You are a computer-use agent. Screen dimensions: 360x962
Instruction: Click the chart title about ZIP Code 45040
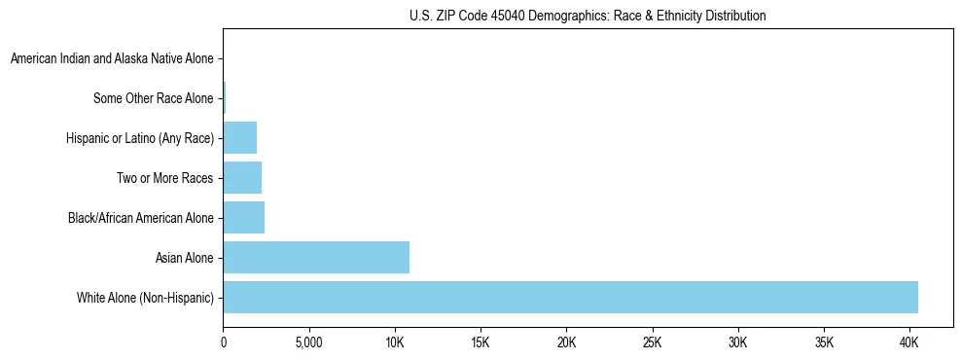[588, 16]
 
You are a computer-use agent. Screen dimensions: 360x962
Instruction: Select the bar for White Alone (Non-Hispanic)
[570, 298]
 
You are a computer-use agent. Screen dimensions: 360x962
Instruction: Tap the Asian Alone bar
[316, 258]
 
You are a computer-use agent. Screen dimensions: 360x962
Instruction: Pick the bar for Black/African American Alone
[243, 218]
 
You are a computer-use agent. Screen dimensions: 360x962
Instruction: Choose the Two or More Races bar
[242, 178]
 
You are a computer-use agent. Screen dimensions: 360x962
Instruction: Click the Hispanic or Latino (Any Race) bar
[239, 138]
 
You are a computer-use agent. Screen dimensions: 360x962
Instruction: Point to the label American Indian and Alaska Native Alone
[112, 59]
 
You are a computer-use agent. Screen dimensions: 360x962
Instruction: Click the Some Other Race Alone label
[153, 99]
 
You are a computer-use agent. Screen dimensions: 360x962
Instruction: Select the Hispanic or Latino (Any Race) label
[140, 139]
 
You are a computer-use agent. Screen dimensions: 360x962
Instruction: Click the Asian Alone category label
[184, 258]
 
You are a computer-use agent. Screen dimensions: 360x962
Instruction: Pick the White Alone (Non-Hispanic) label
[145, 298]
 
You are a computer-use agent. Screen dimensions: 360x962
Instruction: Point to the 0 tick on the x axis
[224, 343]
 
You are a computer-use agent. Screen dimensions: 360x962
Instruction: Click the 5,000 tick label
[308, 343]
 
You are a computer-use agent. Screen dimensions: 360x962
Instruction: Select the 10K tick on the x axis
[395, 343]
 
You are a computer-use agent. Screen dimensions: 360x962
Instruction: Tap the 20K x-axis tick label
[566, 343]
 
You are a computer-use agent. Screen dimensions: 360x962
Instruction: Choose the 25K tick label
[652, 343]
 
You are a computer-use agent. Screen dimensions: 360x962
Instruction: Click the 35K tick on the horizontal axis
[824, 343]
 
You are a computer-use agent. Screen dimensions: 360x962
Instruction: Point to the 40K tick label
[909, 343]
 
